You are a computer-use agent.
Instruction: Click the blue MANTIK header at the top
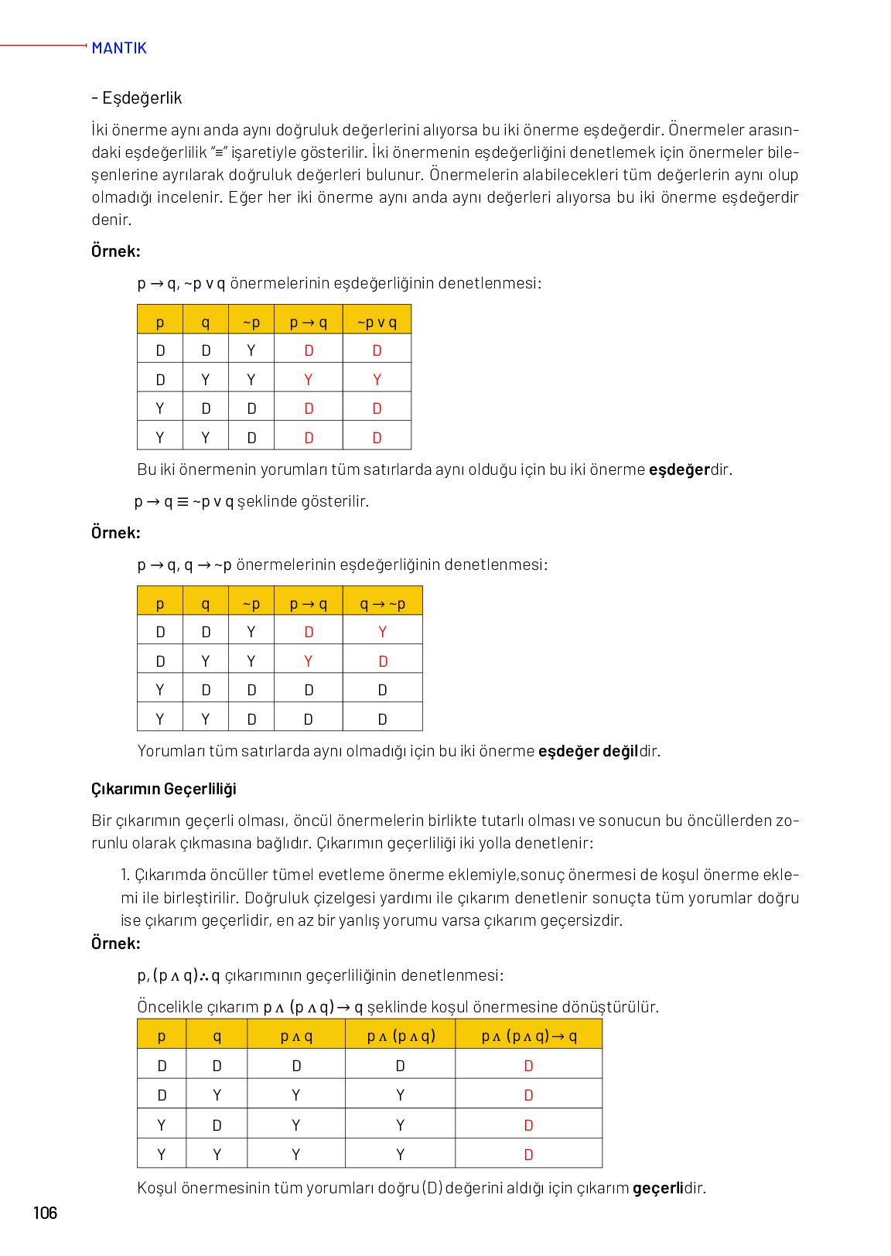[118, 48]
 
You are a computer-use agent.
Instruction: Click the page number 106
[45, 1212]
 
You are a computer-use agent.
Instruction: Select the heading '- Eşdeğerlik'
[137, 98]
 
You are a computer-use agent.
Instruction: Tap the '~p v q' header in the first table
[377, 323]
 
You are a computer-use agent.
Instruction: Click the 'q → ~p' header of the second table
[382, 604]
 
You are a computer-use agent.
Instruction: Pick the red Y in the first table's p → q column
[308, 380]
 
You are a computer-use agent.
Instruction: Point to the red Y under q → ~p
[382, 632]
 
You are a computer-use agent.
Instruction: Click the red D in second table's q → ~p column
[383, 661]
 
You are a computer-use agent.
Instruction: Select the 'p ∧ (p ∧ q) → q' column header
[528, 1036]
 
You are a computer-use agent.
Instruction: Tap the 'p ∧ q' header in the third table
[296, 1036]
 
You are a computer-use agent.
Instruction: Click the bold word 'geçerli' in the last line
[657, 1188]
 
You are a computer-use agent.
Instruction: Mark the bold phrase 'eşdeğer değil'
[588, 751]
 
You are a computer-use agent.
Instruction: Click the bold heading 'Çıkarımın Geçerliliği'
[163, 789]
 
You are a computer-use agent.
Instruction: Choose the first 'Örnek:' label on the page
[116, 251]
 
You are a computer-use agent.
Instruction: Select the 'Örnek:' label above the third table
[116, 944]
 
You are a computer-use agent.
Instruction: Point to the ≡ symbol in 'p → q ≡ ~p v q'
[183, 502]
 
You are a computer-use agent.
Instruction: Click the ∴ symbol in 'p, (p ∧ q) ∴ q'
[204, 976]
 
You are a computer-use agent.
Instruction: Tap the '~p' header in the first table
[251, 323]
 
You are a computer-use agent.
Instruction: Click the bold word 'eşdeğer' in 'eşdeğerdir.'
[678, 469]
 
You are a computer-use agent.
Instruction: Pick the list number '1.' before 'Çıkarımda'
[125, 875]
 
